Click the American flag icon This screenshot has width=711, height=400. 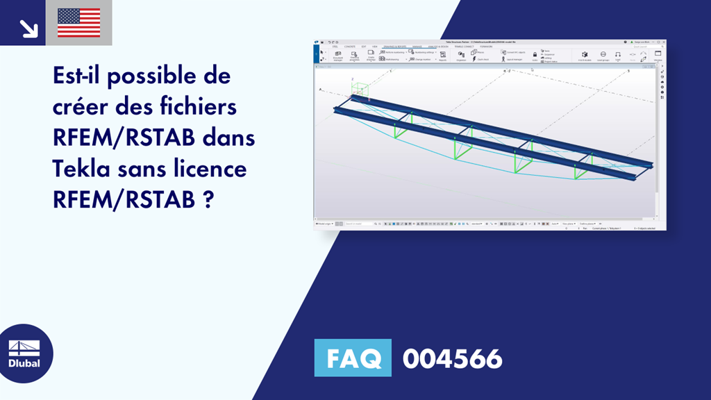[79, 22]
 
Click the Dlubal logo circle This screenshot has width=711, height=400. [24, 353]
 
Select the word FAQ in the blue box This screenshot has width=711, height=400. [353, 358]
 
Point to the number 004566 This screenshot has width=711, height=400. [452, 359]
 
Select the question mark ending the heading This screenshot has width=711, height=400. [208, 199]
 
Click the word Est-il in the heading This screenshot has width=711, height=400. [78, 76]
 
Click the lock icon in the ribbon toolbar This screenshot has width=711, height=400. [535, 54]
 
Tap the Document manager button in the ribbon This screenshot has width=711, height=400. [338, 56]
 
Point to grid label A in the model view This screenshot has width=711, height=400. [320, 90]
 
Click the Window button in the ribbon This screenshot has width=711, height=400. [658, 56]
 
